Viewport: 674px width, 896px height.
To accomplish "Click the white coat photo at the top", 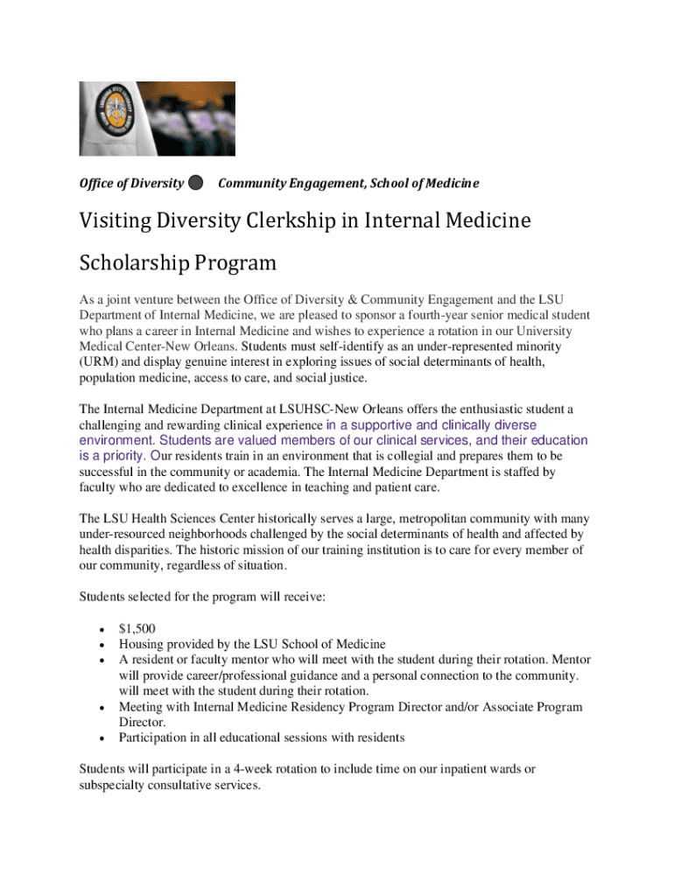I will click(x=158, y=118).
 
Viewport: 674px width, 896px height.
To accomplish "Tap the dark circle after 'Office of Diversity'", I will click(x=196, y=183).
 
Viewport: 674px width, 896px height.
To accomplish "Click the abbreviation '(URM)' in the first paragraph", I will click(x=99, y=362).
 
